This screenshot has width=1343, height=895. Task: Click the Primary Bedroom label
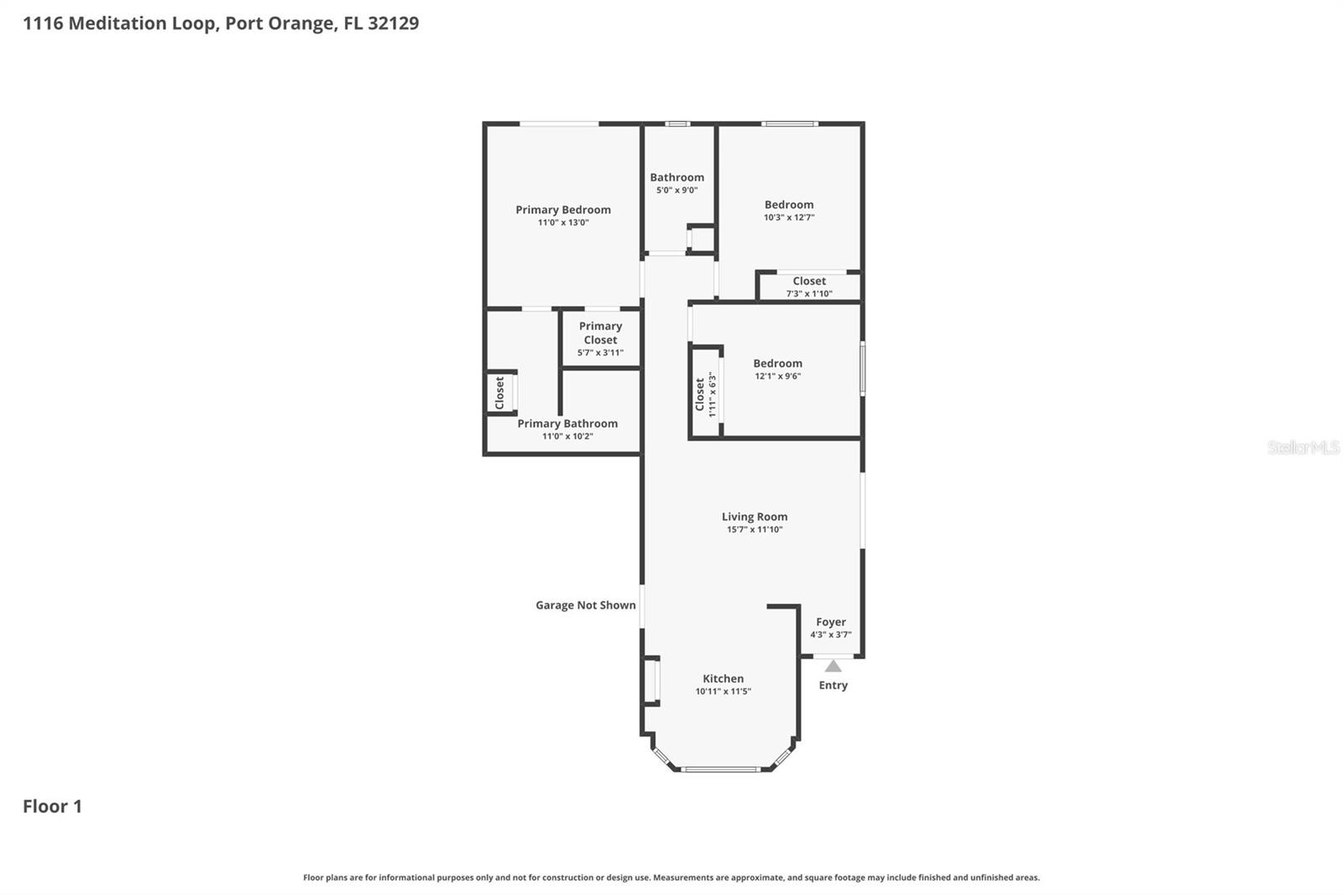pos(562,210)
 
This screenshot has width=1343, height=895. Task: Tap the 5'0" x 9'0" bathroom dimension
pos(677,191)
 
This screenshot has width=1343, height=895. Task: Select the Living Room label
pos(754,517)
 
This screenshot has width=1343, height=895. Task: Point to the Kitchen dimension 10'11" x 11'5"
pos(723,692)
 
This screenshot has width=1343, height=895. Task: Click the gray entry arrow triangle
pos(833,667)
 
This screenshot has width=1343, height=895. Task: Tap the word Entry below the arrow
pos(833,685)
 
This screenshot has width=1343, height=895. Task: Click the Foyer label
pos(830,622)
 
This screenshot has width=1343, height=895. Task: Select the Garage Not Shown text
pos(585,605)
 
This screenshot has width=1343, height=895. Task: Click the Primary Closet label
pos(600,332)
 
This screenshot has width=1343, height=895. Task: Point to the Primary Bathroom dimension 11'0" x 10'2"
pos(567,437)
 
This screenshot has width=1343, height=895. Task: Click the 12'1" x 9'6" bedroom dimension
pos(777,376)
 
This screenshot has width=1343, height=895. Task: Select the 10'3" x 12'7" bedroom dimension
pos(788,217)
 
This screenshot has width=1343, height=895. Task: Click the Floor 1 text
pos(52,806)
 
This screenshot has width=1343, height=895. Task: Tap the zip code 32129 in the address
pos(393,23)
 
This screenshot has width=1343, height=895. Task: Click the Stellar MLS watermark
pos(1302,447)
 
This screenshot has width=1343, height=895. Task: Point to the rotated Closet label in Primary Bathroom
pos(499,392)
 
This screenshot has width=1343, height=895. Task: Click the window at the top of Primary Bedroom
pos(559,124)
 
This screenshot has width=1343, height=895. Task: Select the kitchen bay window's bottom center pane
pos(720,769)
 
